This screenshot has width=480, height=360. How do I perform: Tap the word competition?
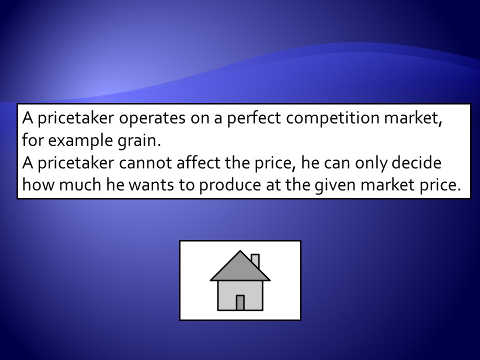[332, 118]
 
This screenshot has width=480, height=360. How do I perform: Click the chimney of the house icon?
[255, 261]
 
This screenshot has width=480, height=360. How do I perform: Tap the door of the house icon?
[240, 303]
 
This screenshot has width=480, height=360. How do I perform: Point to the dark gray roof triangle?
[240, 269]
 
